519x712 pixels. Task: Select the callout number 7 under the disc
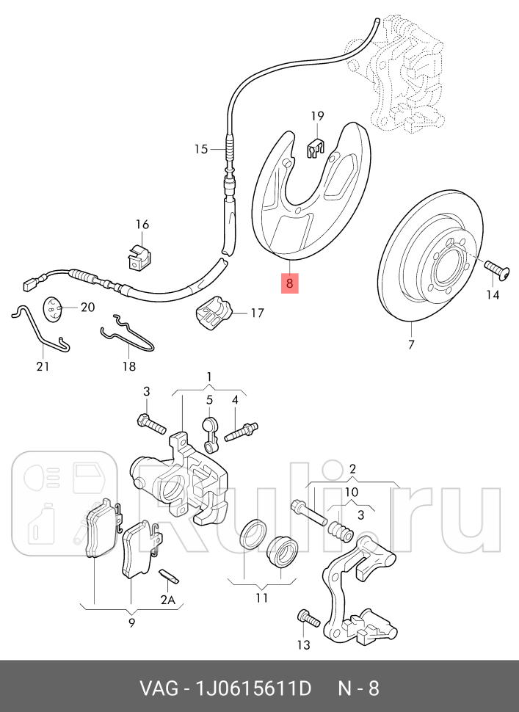point(410,344)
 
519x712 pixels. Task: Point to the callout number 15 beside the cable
point(201,149)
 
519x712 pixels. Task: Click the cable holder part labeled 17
point(213,313)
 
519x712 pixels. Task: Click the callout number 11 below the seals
point(262,598)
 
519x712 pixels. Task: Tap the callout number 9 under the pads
point(131,623)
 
